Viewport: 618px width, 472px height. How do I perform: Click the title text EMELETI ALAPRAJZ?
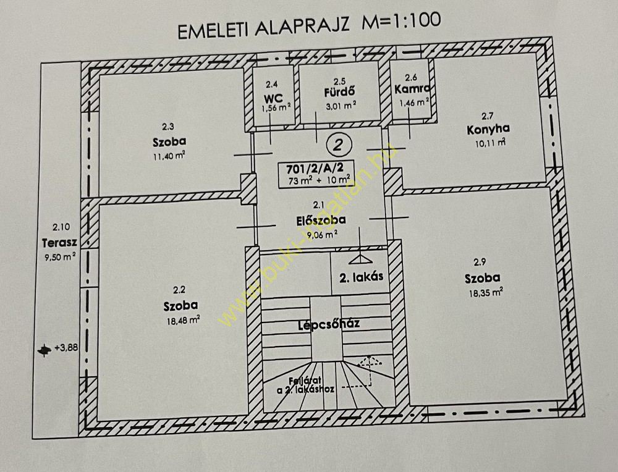click(x=264, y=28)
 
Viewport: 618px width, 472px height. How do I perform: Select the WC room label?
click(x=273, y=98)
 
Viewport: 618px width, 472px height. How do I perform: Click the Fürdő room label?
click(x=339, y=92)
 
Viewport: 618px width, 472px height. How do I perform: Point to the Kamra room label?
click(x=412, y=88)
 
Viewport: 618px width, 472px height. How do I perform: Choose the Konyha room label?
click(x=488, y=129)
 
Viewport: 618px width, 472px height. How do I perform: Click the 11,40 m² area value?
click(x=169, y=156)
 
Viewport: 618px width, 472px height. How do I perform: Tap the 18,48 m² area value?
click(x=183, y=320)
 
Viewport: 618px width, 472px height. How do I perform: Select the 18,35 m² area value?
click(x=486, y=292)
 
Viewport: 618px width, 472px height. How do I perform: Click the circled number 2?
click(x=338, y=145)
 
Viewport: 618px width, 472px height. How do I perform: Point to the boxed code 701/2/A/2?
click(x=315, y=169)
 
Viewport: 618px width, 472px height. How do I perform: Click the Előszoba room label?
click(x=321, y=220)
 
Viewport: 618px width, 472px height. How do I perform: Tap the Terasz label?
click(x=59, y=242)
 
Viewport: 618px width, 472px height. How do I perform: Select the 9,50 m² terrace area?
click(x=60, y=258)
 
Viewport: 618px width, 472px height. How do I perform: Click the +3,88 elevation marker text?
click(x=66, y=348)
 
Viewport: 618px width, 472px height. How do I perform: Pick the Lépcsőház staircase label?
click(x=329, y=324)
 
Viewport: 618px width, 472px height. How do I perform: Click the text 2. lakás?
click(x=361, y=277)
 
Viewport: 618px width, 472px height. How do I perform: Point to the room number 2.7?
click(x=487, y=116)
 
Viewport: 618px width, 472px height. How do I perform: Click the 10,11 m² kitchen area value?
click(x=490, y=143)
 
